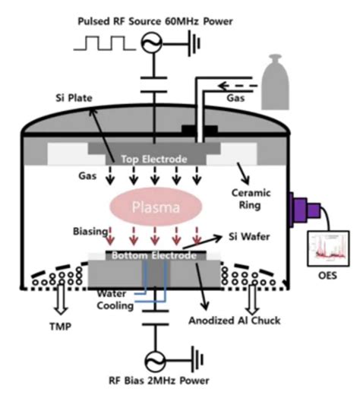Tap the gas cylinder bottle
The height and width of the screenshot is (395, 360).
click(x=278, y=81)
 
